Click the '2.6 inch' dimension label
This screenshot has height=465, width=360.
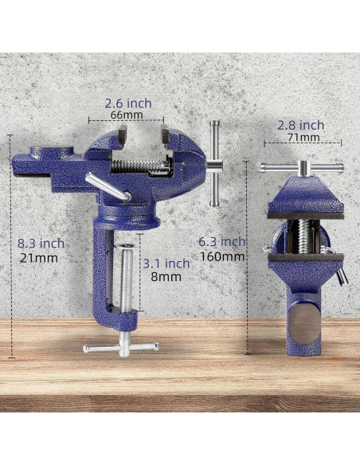[x=128, y=104]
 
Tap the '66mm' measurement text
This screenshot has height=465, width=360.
[x=127, y=115]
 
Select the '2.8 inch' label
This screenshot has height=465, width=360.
[x=301, y=126]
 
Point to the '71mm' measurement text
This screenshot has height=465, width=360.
[x=303, y=137]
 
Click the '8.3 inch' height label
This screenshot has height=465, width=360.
[x=41, y=244]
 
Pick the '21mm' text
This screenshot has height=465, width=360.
[x=39, y=258]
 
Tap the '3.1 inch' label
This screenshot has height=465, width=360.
[x=166, y=264]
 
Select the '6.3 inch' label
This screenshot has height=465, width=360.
[x=221, y=242]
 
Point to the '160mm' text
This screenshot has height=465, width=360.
[x=222, y=256]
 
